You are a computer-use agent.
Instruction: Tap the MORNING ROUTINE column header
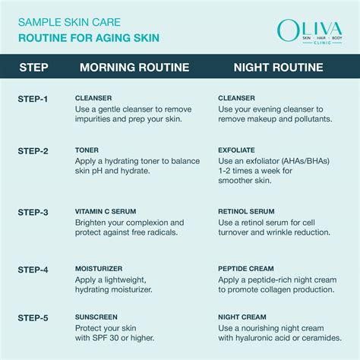[134, 68]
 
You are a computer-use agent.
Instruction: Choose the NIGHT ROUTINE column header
[279, 68]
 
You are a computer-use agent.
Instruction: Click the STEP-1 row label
[33, 99]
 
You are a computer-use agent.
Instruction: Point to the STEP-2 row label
[33, 151]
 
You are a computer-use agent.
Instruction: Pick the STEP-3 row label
[33, 212]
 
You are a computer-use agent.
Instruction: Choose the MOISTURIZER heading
[97, 268]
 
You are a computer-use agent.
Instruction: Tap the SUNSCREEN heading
[94, 316]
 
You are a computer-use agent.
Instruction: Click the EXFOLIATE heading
[236, 151]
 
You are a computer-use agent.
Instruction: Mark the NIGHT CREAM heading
[239, 316]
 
